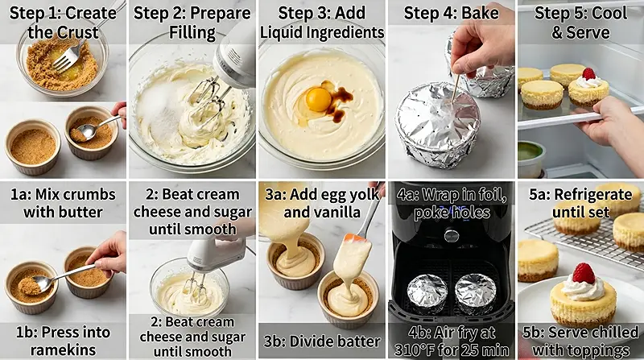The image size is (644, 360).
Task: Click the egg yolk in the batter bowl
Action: (x=318, y=98)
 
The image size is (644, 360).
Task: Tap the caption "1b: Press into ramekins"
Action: (x=64, y=341)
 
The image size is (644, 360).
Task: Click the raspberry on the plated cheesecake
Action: (x=583, y=273)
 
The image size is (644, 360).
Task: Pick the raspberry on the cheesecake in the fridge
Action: (x=588, y=74)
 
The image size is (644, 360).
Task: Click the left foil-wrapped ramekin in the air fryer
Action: (x=427, y=293)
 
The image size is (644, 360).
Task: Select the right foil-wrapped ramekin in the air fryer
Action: (x=474, y=293)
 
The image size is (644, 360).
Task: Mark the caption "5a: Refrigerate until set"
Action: (x=580, y=203)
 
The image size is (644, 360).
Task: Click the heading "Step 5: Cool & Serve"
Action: (x=580, y=23)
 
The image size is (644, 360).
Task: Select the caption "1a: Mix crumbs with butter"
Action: (x=64, y=203)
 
